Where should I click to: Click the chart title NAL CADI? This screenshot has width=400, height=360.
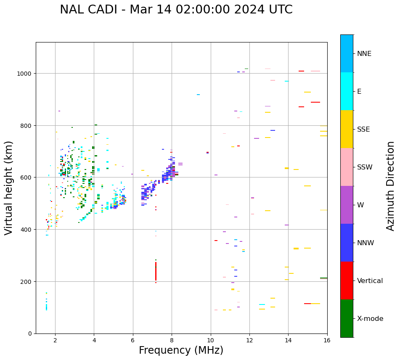coord(176,10)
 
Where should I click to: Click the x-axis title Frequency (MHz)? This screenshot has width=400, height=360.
coord(181,350)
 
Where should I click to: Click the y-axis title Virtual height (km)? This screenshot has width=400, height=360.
coord(9,188)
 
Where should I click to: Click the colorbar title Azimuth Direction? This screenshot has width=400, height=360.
coord(391,185)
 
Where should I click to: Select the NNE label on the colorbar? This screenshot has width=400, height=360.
coord(364,53)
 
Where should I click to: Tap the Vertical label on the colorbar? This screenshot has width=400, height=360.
coord(370,281)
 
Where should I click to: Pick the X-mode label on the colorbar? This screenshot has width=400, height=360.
coord(370,318)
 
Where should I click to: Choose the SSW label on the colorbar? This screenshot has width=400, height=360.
coord(365,167)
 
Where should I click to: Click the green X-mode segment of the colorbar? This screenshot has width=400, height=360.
coord(347,318)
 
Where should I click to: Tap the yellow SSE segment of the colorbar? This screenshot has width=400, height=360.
coord(347,129)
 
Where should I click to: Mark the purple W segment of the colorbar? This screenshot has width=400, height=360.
coord(347,205)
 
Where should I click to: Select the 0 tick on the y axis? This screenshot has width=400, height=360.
coord(30,334)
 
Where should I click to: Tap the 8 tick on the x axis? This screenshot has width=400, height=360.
coord(172,341)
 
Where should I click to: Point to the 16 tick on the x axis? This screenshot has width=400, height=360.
coord(327,341)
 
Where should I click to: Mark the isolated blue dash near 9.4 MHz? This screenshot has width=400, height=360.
coord(198,95)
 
